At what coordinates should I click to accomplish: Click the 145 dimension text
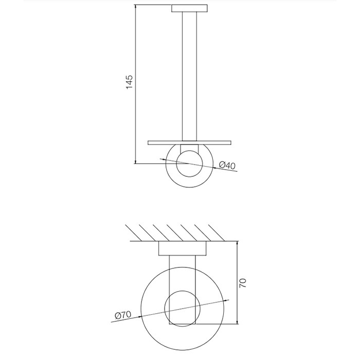[130, 82]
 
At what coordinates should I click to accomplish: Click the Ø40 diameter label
[227, 165]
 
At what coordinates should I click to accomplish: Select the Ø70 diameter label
[123, 315]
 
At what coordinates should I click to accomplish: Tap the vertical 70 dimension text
[243, 283]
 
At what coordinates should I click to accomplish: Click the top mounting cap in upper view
[190, 8]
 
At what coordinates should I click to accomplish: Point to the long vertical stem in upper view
[189, 76]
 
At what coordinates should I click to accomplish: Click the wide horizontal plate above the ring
[189, 142]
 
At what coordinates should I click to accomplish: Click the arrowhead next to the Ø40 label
[214, 168]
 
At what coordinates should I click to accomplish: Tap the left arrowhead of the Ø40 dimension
[164, 159]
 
